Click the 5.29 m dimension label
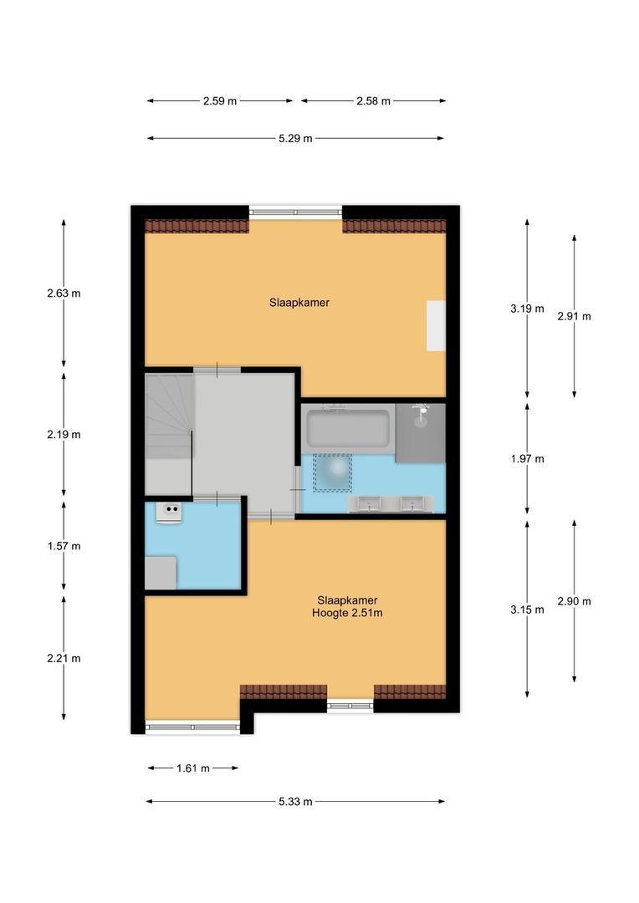[296, 139]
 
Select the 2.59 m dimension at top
[220, 101]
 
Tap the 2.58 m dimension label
[373, 101]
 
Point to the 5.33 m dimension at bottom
[296, 802]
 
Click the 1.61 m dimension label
[192, 768]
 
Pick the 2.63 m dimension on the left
[64, 293]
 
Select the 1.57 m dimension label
[64, 547]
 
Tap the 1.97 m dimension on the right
[527, 459]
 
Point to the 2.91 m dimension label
[574, 316]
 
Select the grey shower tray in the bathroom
[421, 432]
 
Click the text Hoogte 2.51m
[347, 613]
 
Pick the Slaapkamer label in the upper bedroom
[299, 303]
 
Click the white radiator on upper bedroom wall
[436, 325]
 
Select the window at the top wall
[296, 212]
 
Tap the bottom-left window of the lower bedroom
[192, 727]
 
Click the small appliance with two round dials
[172, 512]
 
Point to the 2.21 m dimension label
[64, 658]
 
